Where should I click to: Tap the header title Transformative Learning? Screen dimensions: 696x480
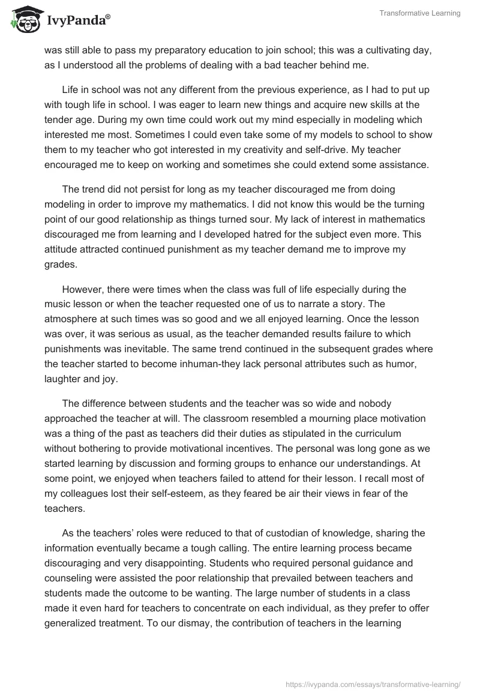click(419, 13)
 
